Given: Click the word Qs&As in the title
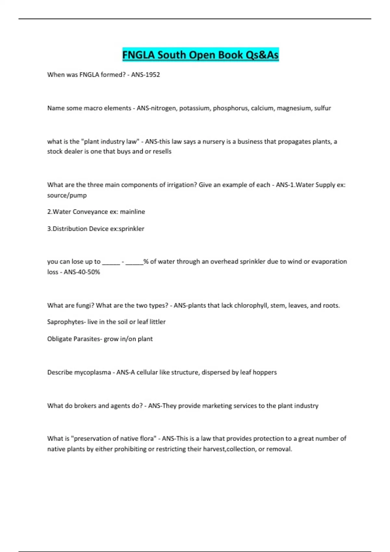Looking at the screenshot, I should click(x=262, y=55).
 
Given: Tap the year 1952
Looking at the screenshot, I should click(x=152, y=75).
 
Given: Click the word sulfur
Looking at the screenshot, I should click(x=322, y=108).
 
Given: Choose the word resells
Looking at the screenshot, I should click(x=162, y=152).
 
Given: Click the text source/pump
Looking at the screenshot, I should click(x=67, y=195).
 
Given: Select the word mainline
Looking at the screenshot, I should click(x=132, y=212).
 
